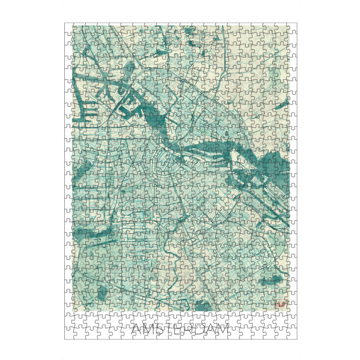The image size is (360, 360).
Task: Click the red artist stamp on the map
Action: pyautogui.click(x=279, y=305)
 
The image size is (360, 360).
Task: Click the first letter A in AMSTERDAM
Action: pyautogui.click(x=137, y=329)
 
